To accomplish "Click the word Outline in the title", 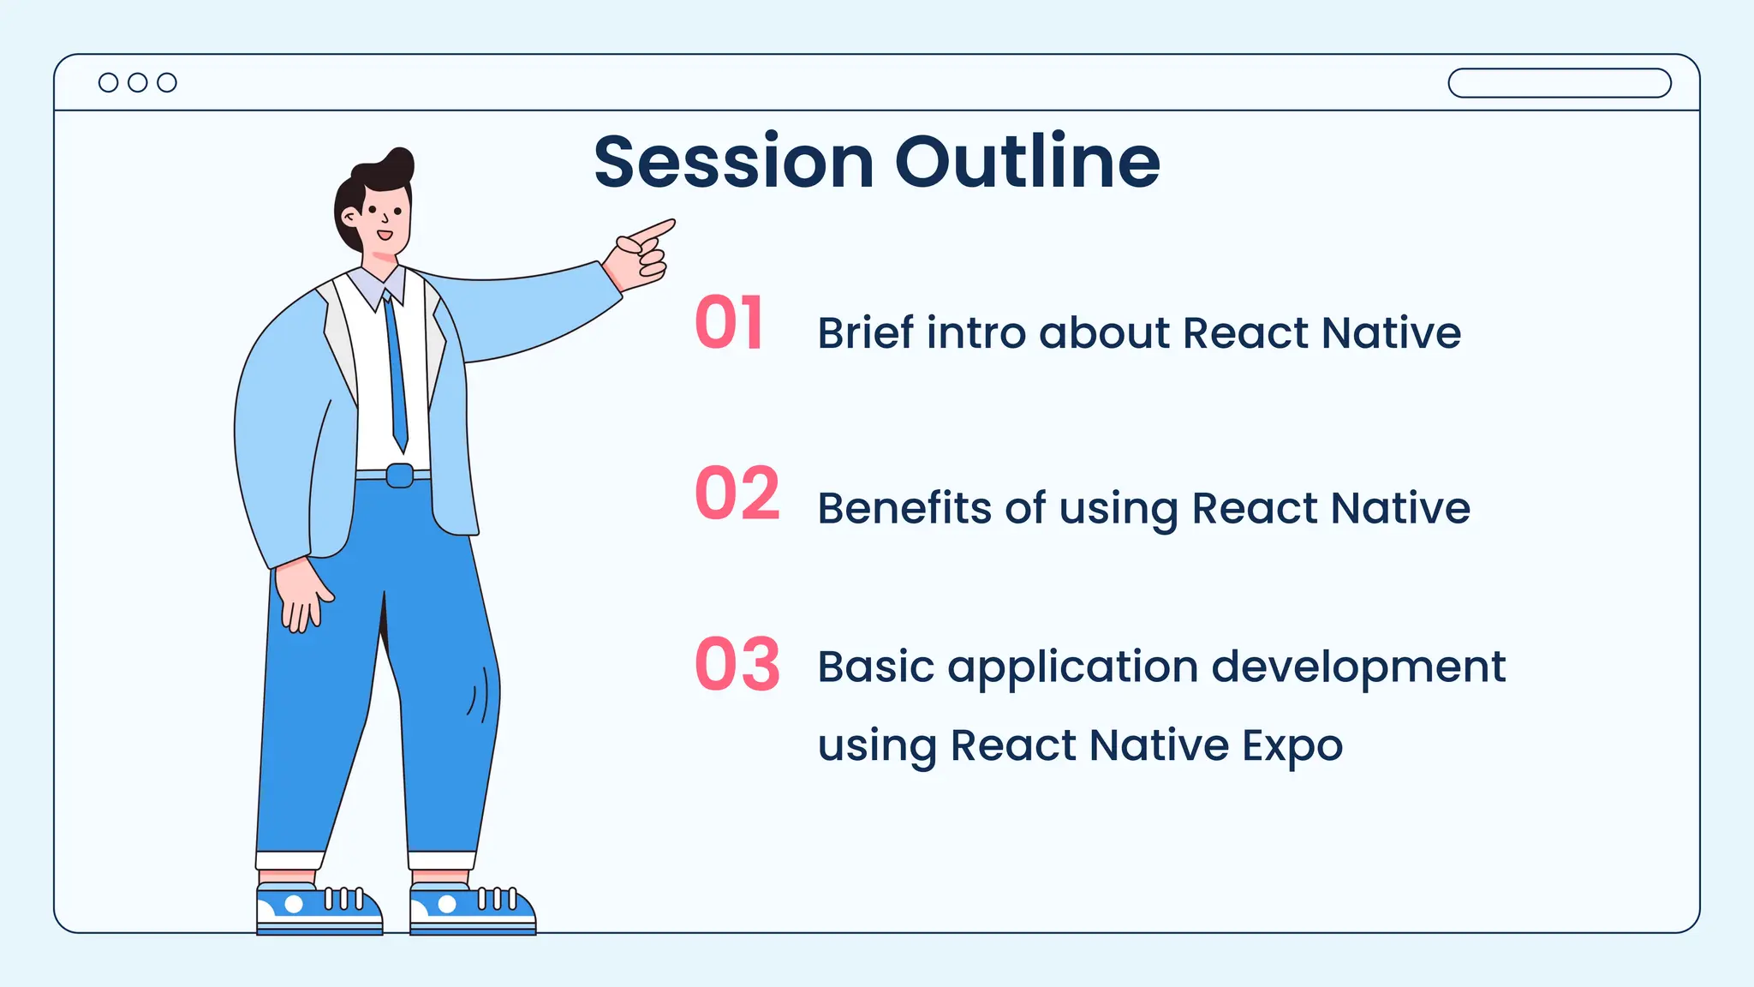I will point(1027,162).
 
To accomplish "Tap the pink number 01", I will point(729,323).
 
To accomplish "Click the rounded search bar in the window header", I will point(1559,83).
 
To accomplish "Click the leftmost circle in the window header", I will point(109,82).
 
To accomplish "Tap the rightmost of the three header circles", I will point(167,82).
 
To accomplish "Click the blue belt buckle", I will point(399,476).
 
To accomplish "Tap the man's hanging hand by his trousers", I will point(302,595).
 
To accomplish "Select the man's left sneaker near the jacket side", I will point(319,909).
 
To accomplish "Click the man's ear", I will point(349,217).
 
